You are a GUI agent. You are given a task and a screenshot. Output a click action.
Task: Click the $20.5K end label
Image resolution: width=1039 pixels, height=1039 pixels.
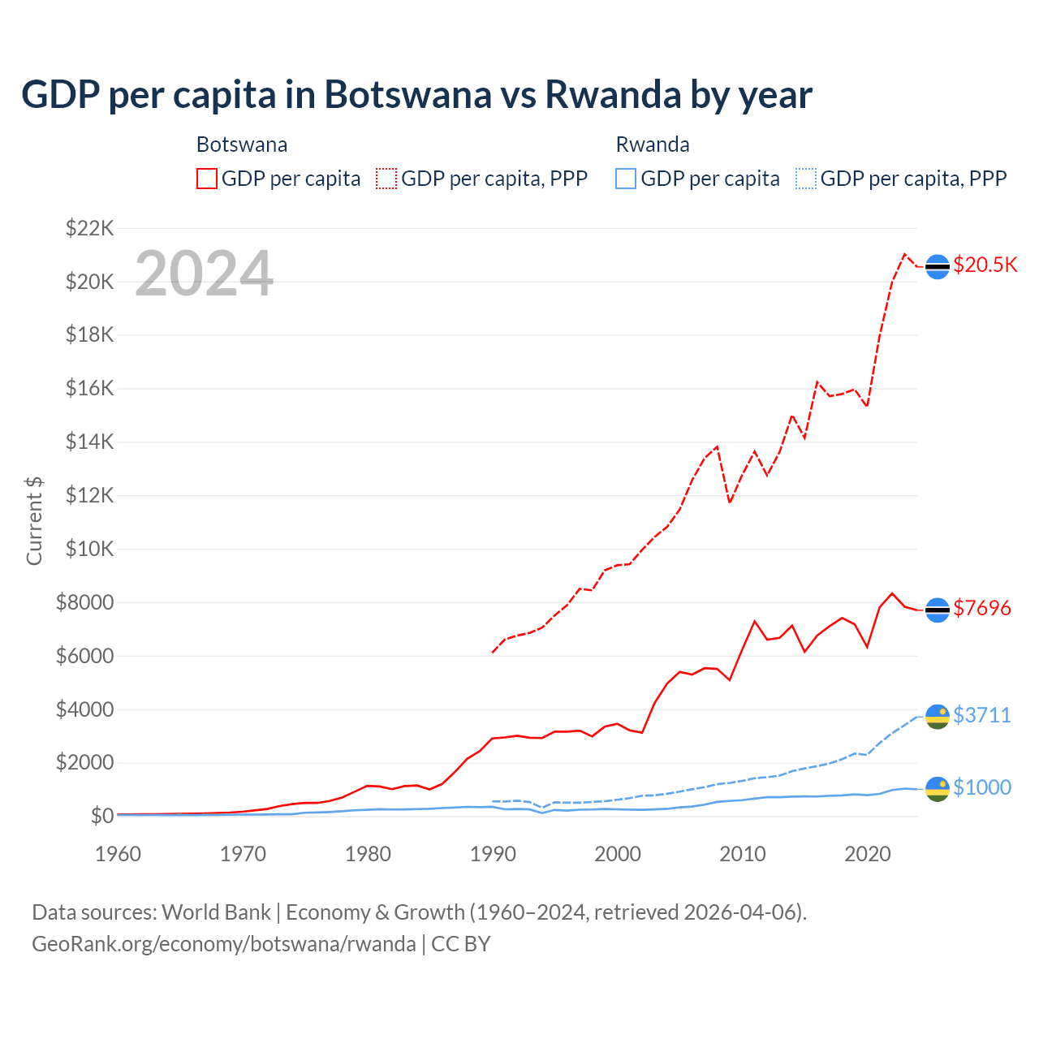click(x=985, y=265)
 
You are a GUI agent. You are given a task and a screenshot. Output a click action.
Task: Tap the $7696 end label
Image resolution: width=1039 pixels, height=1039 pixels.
click(x=981, y=608)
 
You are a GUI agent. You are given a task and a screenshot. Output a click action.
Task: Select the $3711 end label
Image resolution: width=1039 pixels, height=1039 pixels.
click(x=981, y=715)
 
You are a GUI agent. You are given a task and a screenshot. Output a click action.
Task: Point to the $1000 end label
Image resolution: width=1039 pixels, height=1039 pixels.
click(x=981, y=787)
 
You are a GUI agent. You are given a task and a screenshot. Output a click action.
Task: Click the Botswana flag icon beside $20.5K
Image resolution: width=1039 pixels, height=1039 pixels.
click(x=938, y=266)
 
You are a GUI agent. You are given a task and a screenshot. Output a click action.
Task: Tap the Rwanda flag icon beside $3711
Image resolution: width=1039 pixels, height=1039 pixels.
click(x=938, y=716)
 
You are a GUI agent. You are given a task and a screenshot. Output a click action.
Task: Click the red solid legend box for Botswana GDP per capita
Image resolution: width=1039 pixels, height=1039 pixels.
click(x=207, y=179)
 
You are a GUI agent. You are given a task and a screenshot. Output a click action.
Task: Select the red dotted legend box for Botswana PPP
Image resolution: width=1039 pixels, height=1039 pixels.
click(x=386, y=179)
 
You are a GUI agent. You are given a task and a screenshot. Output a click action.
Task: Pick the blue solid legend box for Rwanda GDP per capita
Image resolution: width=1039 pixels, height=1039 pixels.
click(x=626, y=179)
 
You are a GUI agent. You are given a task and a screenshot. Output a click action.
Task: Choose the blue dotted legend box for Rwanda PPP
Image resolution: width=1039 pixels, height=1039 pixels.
click(x=805, y=179)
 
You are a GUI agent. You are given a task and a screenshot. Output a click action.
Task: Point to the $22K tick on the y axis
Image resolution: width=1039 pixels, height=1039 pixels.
click(x=89, y=228)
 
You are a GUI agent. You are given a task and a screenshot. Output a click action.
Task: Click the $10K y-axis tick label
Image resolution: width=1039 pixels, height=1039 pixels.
click(x=89, y=549)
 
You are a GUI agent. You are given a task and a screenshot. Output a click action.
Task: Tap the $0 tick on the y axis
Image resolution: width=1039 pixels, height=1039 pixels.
click(x=101, y=816)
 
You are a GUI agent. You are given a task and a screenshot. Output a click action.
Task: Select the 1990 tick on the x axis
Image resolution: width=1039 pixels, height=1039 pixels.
click(x=493, y=854)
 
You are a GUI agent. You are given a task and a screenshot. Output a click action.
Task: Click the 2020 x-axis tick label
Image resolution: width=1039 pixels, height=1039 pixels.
click(x=867, y=854)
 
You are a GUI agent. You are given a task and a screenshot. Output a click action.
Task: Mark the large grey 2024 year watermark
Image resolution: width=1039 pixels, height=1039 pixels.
click(x=204, y=274)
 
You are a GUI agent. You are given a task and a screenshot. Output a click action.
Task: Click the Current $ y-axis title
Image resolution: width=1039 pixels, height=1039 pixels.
click(x=34, y=520)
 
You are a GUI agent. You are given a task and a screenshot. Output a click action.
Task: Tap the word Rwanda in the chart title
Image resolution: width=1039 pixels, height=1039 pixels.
click(x=613, y=94)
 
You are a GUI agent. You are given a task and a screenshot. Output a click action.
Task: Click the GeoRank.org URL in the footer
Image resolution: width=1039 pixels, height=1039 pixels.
click(x=223, y=944)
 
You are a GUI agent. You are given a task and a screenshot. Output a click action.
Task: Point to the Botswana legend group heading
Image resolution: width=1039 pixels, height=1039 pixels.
click(x=242, y=144)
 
